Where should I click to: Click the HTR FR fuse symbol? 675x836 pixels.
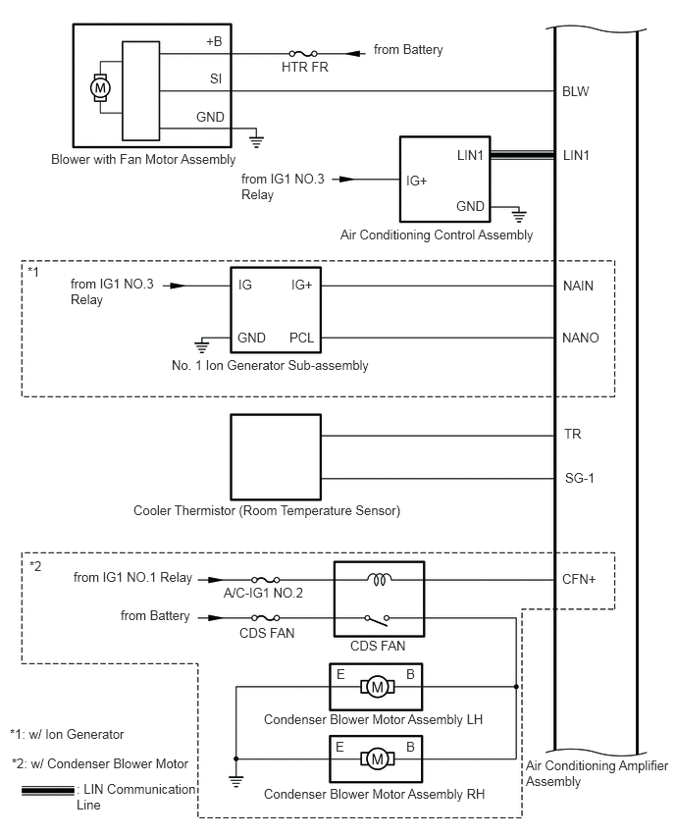point(303,53)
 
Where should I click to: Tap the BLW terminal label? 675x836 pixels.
point(575,91)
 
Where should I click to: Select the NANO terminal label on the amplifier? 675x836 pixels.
point(580,338)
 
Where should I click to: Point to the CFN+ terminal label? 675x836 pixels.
point(579,580)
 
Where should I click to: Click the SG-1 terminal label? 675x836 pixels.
point(579,478)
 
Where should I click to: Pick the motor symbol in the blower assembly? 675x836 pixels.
point(100,88)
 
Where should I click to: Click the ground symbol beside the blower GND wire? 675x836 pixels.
point(256,139)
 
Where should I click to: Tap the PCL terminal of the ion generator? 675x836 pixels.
point(301,338)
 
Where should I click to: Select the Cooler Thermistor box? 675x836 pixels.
point(276,457)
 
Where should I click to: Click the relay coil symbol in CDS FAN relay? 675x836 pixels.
point(379,579)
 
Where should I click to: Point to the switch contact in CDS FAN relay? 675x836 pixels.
point(377,619)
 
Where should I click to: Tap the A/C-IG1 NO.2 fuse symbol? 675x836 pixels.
point(266,580)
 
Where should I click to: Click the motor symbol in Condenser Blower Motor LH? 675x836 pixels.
point(377,687)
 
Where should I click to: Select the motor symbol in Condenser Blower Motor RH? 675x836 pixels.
point(377,758)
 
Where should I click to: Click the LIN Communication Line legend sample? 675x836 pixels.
point(48,790)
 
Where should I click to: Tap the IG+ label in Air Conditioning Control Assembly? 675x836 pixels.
point(416,182)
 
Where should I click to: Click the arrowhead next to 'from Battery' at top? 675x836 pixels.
point(355,53)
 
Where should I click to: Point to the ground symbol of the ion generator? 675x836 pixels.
point(201,346)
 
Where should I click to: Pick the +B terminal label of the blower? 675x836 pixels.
point(214,41)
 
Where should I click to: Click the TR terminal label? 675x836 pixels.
point(573,434)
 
